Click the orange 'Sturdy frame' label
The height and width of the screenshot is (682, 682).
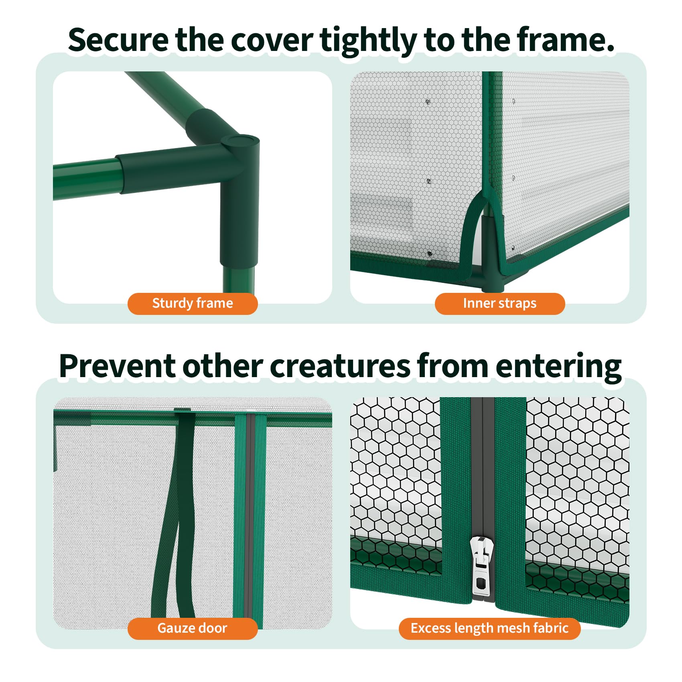coord(193,304)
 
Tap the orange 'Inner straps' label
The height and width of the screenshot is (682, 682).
coord(499,304)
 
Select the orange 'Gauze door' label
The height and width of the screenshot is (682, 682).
coord(193,628)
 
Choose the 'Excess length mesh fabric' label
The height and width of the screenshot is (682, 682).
coord(489,628)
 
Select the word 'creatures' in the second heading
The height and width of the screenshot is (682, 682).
coord(340,367)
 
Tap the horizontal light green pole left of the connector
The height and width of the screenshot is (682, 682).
coord(86,179)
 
